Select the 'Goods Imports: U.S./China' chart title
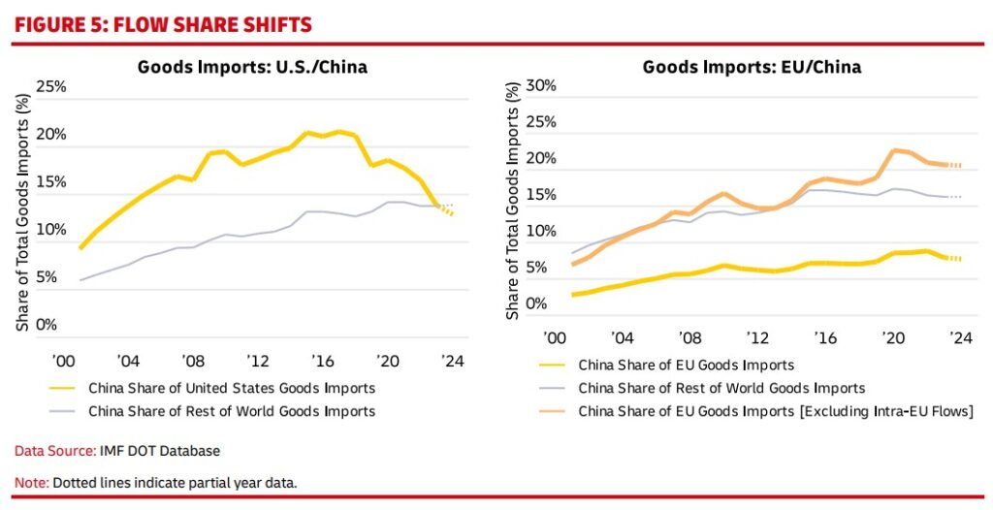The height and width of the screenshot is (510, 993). pyautogui.click(x=252, y=67)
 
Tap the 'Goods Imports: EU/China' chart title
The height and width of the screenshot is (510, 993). pyautogui.click(x=752, y=67)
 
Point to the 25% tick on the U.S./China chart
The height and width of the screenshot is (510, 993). pyautogui.click(x=50, y=87)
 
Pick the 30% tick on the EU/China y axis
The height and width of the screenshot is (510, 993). pyautogui.click(x=541, y=86)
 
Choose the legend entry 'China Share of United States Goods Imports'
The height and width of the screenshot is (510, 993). pyautogui.click(x=231, y=388)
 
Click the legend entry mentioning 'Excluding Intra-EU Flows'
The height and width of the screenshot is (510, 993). pyautogui.click(x=775, y=411)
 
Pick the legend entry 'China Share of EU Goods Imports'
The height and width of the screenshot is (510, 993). pyautogui.click(x=686, y=366)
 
